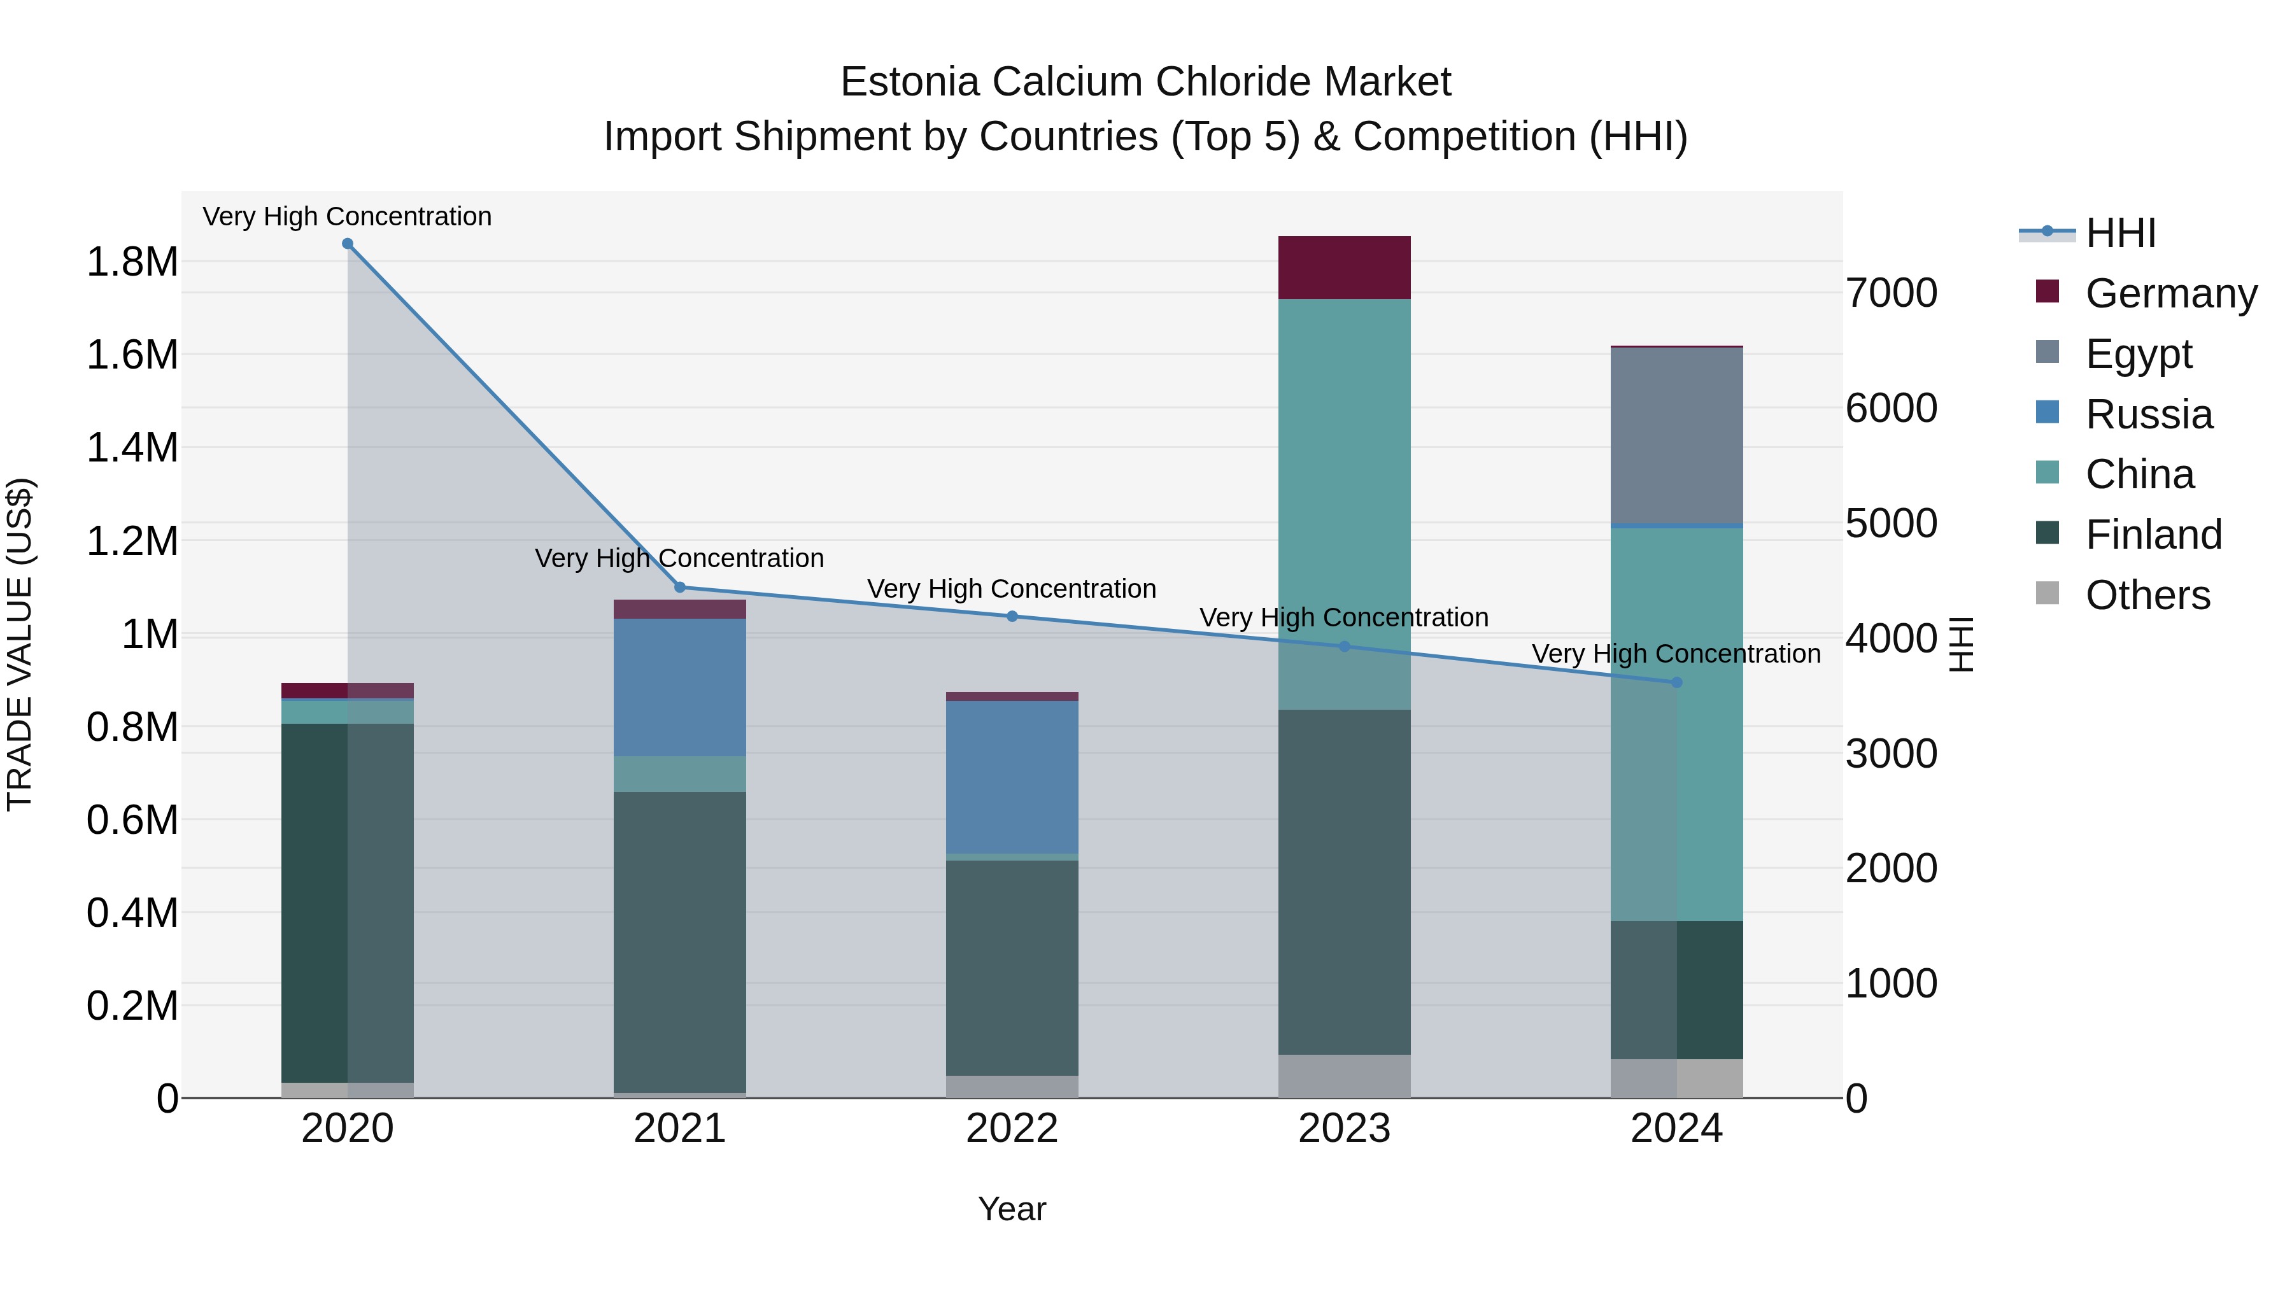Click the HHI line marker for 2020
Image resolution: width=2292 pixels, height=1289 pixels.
[x=347, y=244]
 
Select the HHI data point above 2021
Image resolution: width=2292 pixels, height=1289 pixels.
[x=680, y=587]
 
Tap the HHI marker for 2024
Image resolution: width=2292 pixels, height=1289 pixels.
[x=1676, y=682]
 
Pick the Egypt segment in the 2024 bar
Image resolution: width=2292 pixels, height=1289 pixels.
[x=1676, y=436]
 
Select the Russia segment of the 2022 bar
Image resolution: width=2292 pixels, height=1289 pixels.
[x=1012, y=777]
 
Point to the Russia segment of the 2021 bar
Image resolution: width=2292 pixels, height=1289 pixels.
[x=680, y=687]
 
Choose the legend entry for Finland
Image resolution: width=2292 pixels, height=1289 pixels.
[x=2153, y=535]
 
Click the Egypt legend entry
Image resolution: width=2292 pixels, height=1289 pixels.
[x=2137, y=354]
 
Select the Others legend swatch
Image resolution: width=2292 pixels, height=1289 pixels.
[x=2048, y=593]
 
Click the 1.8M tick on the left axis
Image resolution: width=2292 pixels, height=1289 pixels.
[x=132, y=262]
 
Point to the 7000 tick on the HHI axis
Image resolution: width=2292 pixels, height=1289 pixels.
[x=1891, y=293]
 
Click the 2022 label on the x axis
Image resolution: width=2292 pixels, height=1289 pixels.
[x=1012, y=1129]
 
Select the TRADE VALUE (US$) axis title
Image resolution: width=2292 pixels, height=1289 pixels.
[x=20, y=644]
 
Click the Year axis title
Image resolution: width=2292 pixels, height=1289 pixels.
[x=1012, y=1209]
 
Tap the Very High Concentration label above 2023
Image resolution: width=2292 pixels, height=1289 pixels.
[x=1343, y=617]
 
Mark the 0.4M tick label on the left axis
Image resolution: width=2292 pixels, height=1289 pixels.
[x=132, y=913]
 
